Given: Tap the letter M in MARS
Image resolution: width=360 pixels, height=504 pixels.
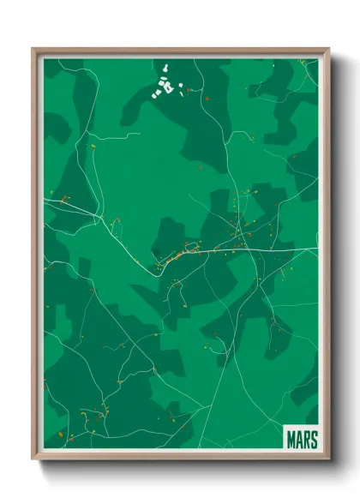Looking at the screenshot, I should point(289,439).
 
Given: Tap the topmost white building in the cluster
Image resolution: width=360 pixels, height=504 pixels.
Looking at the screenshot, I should point(165,63).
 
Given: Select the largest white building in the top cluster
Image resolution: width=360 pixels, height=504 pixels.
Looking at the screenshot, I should point(168,86).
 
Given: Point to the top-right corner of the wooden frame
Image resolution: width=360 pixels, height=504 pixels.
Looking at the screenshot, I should point(327,50).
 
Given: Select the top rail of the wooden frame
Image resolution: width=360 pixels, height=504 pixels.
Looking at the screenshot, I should point(180,50).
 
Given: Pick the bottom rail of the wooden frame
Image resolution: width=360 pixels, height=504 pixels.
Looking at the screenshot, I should point(180,456).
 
